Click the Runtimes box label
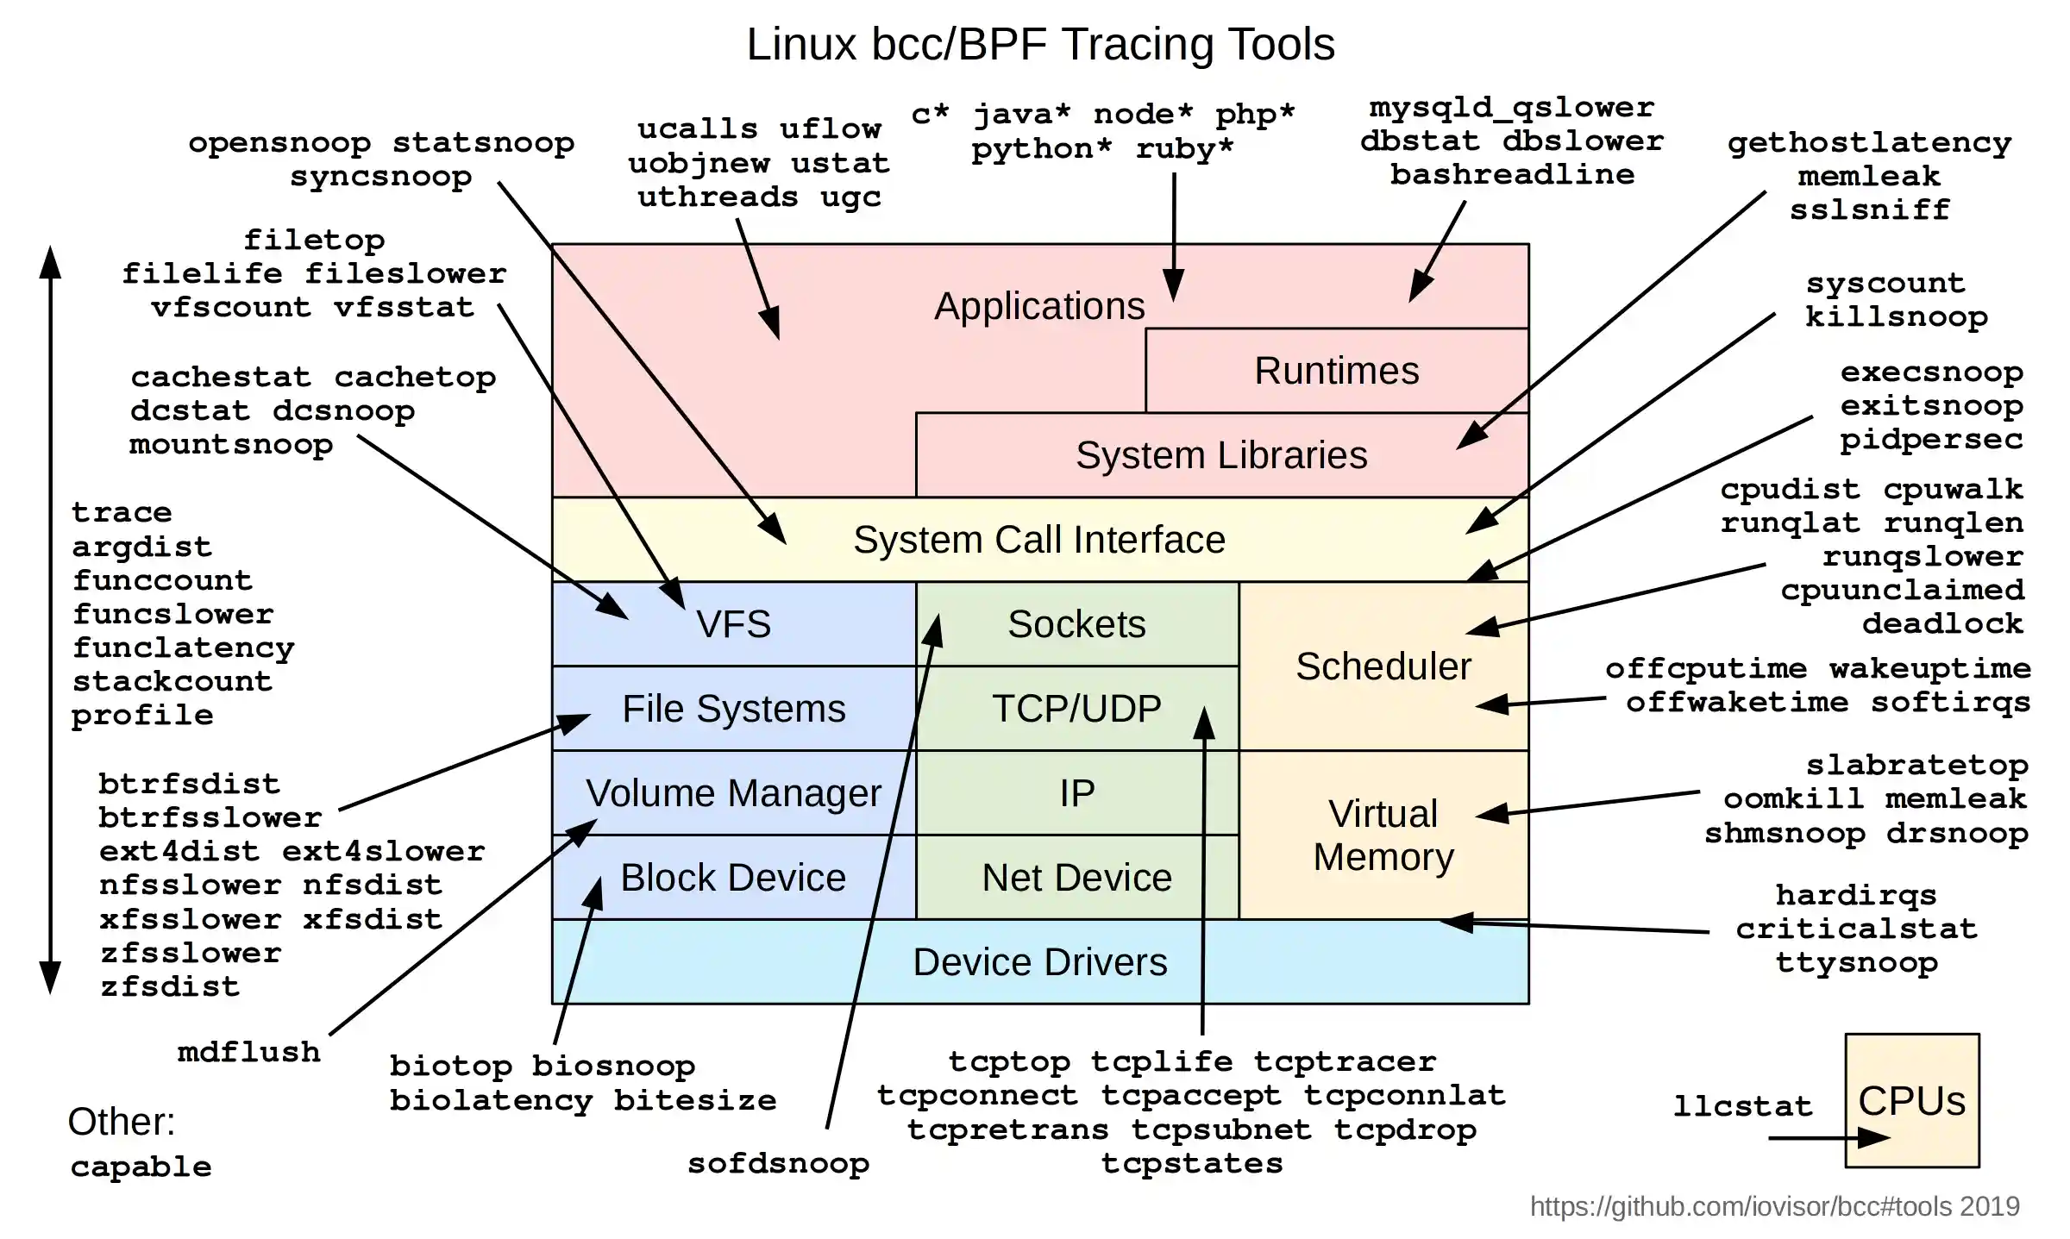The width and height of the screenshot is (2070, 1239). point(1336,371)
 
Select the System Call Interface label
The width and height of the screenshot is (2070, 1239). point(1039,540)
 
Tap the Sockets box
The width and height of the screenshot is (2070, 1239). point(1076,624)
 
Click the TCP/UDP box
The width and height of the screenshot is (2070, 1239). point(1076,709)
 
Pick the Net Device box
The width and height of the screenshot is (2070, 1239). point(1076,878)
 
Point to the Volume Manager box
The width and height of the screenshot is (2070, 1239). point(733,793)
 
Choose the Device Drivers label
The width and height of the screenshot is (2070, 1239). point(1039,962)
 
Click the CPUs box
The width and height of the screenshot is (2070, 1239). point(1911,1101)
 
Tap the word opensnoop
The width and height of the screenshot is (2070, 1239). point(279,143)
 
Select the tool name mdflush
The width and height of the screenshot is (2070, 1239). point(248,1053)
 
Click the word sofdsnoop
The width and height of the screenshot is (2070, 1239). point(778,1164)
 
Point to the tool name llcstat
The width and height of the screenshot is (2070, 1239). point(1742,1106)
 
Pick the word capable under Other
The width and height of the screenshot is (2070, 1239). point(141,1167)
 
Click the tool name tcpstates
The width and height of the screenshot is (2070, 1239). point(1192,1164)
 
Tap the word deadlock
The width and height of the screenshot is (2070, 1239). point(1942,624)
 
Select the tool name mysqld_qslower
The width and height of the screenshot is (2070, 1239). point(1512,108)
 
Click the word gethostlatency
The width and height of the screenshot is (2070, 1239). point(1869,143)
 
